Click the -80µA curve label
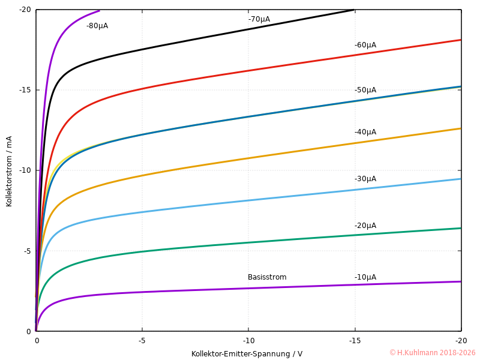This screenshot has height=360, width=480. tap(97, 26)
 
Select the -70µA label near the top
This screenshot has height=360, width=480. tap(259, 19)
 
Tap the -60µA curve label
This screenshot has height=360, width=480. tap(365, 45)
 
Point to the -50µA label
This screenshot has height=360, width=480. tap(365, 90)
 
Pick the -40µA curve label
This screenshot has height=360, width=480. tap(365, 132)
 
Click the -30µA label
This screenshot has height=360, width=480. tap(365, 179)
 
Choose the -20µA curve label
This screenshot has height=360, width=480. tap(365, 226)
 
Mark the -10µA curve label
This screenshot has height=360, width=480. tap(365, 277)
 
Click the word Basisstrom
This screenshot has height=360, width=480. tap(267, 277)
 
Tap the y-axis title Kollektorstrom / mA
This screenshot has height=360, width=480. tap(9, 171)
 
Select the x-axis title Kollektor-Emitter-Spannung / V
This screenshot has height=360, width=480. tap(247, 354)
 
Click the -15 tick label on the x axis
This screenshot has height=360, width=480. tap(355, 340)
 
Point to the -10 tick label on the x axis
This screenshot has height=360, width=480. tap(248, 340)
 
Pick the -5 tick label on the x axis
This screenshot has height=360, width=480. tap(142, 340)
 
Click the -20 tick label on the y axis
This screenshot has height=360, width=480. tap(25, 10)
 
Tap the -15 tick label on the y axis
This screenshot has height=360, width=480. tap(25, 90)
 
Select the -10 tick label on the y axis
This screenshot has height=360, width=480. tap(25, 170)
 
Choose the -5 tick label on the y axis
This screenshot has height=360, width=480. tap(27, 251)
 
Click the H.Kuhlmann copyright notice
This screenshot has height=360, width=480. tap(432, 353)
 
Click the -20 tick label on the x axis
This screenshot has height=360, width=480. tap(461, 340)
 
